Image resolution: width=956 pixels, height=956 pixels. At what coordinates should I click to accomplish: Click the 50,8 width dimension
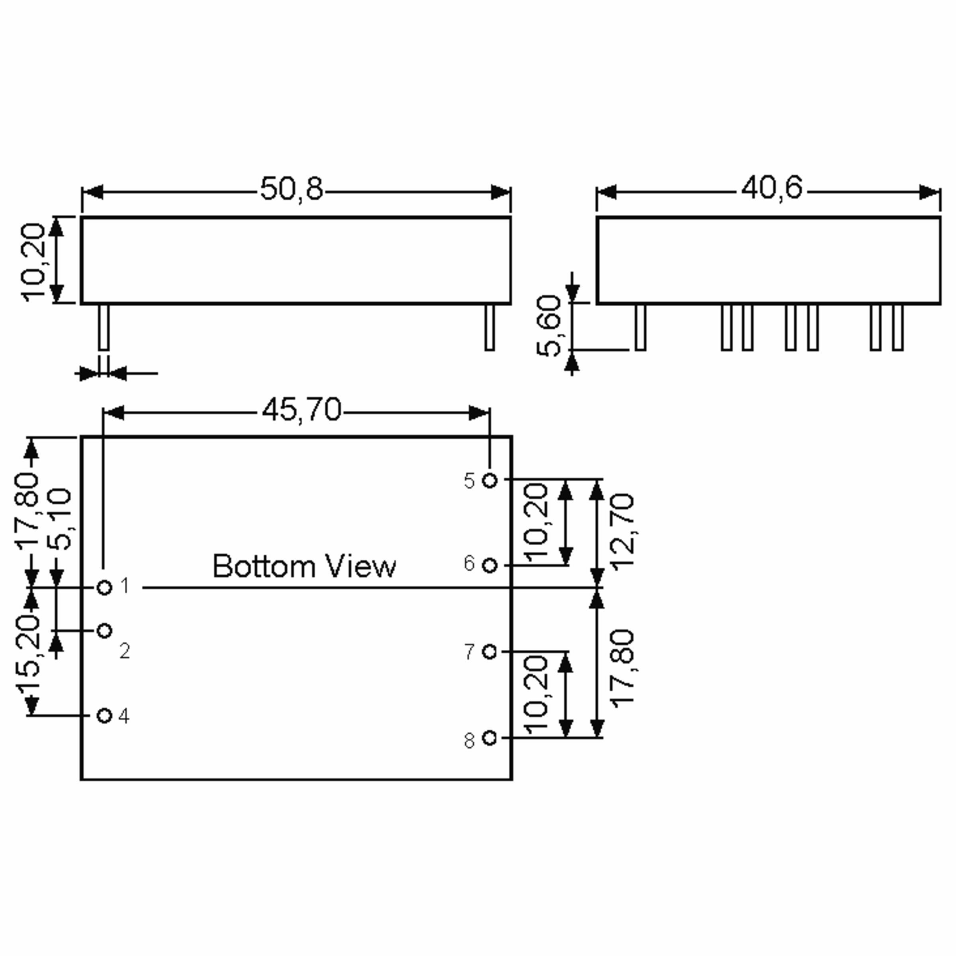tap(292, 189)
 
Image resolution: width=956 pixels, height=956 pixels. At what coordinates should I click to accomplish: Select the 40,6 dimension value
tap(772, 188)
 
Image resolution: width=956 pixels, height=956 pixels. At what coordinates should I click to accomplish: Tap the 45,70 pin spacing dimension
tap(302, 410)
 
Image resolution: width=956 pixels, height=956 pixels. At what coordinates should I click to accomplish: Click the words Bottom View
tap(304, 566)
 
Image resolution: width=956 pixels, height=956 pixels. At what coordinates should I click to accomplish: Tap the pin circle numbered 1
tap(104, 588)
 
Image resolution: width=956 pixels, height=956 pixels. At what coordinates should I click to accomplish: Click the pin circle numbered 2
tap(104, 631)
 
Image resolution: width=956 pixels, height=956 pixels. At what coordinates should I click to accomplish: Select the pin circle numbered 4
tap(104, 715)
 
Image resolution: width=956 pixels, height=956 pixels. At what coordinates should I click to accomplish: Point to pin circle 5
tap(490, 480)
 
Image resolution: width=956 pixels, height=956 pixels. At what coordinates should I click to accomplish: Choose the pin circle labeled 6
tap(490, 566)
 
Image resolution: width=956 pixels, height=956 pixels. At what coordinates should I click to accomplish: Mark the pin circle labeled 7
tap(490, 652)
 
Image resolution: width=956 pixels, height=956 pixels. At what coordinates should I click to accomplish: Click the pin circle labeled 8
tap(490, 738)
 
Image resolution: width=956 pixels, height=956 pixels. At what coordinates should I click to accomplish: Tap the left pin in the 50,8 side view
tap(104, 327)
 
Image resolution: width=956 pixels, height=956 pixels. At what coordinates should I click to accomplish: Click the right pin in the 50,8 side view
tap(490, 327)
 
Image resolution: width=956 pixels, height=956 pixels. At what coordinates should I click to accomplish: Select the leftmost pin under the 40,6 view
tap(640, 327)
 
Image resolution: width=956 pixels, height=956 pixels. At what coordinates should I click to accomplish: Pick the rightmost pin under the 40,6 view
tap(897, 327)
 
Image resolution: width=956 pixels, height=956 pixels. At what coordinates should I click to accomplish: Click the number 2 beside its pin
tap(125, 651)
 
